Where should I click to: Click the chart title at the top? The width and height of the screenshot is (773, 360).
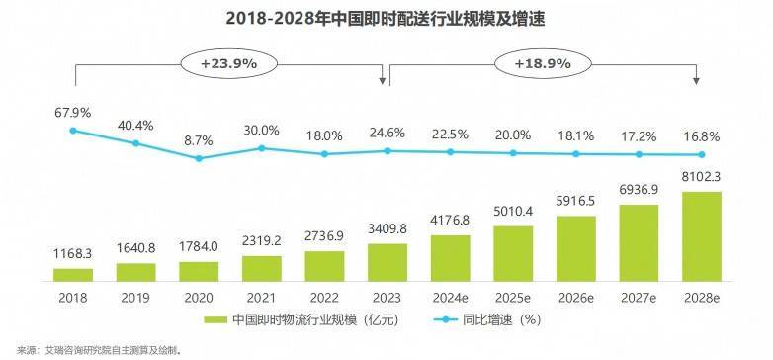pos(386,19)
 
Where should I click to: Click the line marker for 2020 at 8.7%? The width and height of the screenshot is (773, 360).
pos(199,157)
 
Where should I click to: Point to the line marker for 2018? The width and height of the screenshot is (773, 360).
pos(73,130)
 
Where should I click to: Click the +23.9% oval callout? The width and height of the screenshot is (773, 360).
pos(228,63)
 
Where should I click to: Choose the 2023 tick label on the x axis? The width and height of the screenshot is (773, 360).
pos(386,296)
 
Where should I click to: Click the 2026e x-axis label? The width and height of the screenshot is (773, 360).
pos(575,296)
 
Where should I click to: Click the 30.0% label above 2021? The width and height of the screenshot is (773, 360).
pos(262,130)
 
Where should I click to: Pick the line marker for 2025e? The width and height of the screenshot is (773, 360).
pos(512,153)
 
